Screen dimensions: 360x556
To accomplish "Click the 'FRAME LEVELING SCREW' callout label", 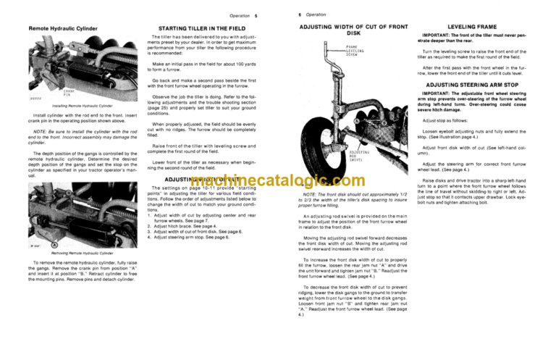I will [355, 51].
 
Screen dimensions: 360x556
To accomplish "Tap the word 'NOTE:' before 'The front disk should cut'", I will [313, 194].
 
